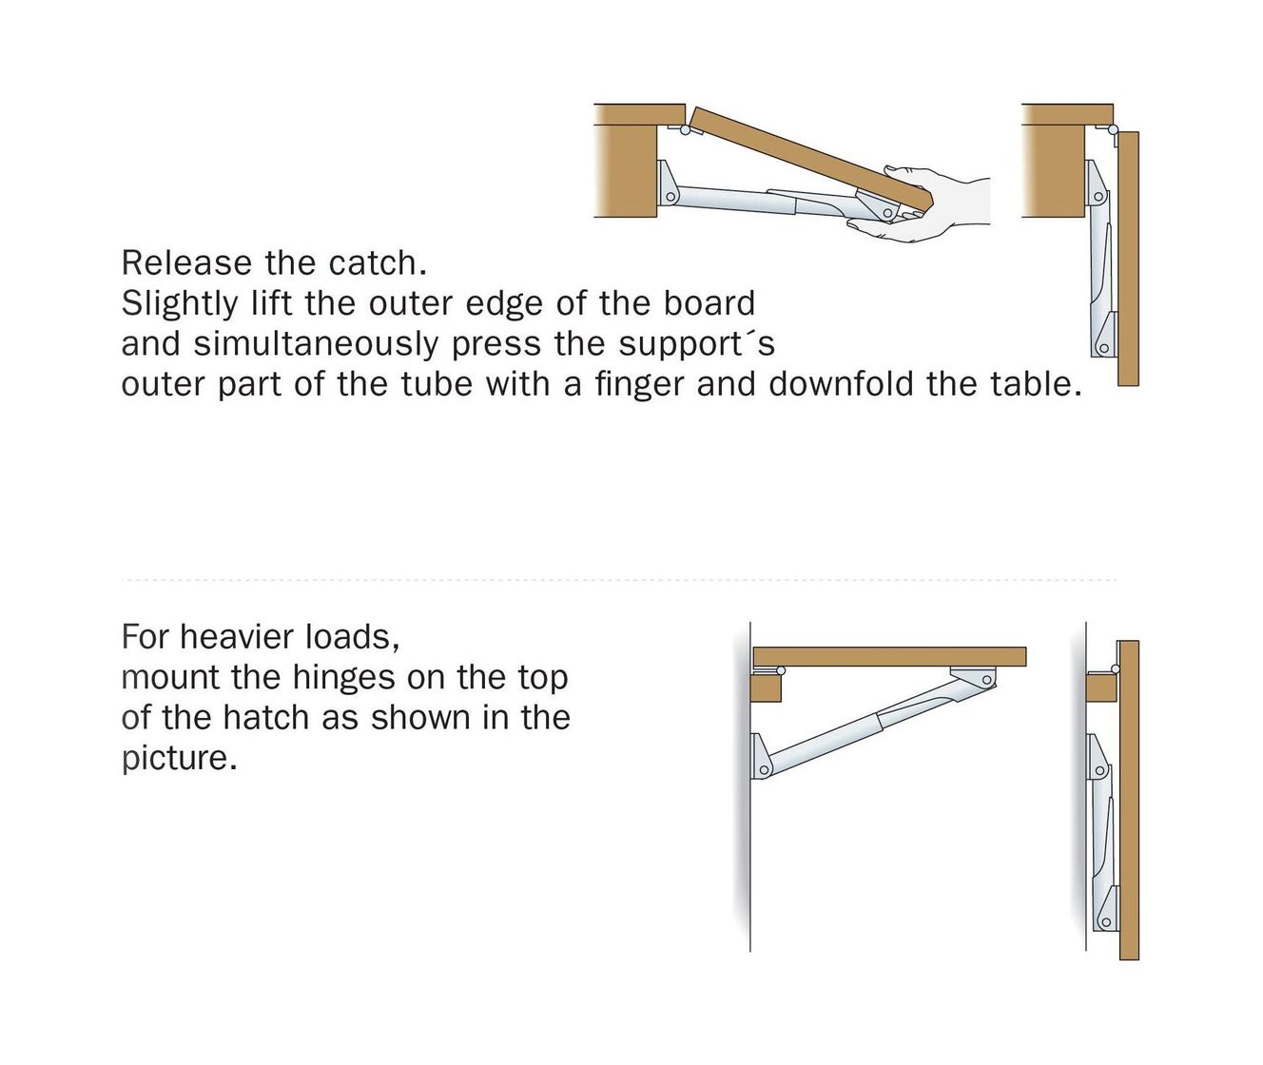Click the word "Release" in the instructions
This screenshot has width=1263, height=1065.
pos(186,263)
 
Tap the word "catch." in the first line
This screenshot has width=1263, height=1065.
pos(379,263)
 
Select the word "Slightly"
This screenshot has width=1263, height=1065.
pos(180,304)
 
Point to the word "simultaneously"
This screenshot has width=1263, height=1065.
pos(316,345)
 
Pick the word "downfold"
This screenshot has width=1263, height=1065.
pos(841,384)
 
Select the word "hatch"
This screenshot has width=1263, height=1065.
pos(266,718)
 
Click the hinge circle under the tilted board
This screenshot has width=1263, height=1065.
pos(685,129)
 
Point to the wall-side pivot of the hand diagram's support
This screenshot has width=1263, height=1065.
pos(670,197)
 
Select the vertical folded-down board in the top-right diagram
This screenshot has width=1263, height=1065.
pos(1128,259)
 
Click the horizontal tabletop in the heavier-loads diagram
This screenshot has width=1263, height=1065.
pos(889,656)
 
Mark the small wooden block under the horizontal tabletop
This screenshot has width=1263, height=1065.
pos(767,687)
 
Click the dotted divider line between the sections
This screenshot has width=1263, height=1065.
pos(619,580)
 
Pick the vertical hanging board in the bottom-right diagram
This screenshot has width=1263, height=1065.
pos(1129,800)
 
